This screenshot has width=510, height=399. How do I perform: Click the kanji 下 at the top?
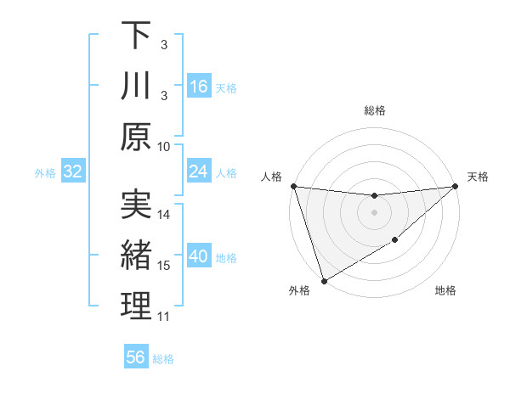point(136,35)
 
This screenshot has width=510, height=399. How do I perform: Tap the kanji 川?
point(136,86)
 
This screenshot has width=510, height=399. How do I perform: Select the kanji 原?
point(136,137)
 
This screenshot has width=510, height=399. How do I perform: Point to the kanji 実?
point(136,204)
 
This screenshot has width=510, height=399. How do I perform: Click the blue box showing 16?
point(199,86)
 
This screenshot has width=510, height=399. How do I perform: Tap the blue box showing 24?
point(199,171)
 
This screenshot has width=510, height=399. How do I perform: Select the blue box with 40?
point(199,256)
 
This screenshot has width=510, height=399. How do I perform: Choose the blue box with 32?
point(72,171)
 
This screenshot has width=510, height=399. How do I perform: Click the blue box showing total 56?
point(136,357)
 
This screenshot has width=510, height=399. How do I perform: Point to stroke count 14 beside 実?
point(164,215)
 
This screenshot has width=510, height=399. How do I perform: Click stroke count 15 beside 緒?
point(164,266)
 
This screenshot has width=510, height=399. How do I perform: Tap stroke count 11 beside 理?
point(164,317)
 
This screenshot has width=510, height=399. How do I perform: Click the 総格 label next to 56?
point(164,358)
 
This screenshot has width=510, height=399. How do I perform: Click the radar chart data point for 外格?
point(324,280)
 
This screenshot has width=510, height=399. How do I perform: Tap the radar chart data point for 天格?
point(456,187)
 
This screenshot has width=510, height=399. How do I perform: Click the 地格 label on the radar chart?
point(445,291)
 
